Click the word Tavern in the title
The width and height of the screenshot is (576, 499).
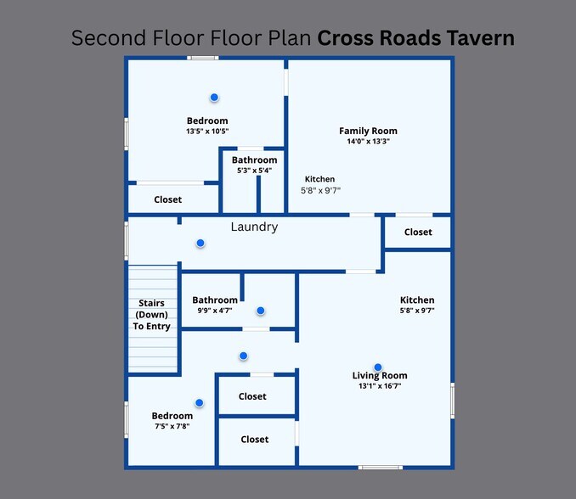click(481, 38)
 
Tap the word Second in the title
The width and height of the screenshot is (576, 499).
click(109, 38)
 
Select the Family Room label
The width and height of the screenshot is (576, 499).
click(368, 131)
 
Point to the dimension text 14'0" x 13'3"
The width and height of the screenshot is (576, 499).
click(368, 141)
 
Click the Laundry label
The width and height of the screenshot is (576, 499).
click(254, 227)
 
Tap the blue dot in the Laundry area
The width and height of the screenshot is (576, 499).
click(200, 243)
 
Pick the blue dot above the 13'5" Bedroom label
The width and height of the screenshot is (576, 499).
click(214, 98)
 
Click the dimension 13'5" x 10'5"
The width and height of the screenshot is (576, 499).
click(207, 131)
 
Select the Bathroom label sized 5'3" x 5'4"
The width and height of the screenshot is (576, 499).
click(254, 160)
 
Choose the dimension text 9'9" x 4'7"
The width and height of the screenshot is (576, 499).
click(215, 311)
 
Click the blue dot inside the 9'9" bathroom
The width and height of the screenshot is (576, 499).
click(261, 311)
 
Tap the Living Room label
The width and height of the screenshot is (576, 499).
click(380, 376)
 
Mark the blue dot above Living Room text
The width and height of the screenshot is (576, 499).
click(378, 367)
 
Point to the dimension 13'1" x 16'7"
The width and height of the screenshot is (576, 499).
click(380, 386)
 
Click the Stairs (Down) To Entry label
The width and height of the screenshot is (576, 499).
click(152, 315)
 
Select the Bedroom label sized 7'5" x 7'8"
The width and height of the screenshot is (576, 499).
click(172, 416)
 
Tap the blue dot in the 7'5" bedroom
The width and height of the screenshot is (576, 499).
click(199, 403)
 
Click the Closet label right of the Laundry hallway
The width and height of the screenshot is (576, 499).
click(418, 233)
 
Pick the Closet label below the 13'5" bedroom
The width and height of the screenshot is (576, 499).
click(168, 199)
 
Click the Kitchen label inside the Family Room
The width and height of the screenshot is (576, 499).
click(320, 179)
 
